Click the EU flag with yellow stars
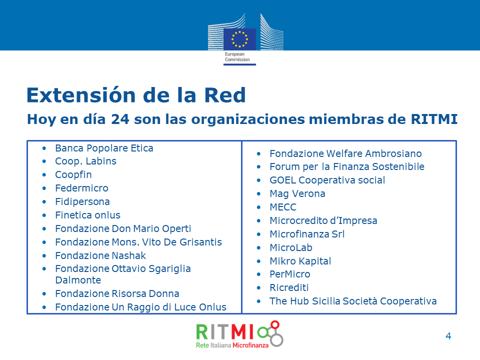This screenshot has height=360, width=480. coord(239,39)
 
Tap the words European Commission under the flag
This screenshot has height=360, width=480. coord(237,57)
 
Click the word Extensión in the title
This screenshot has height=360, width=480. coord(81,95)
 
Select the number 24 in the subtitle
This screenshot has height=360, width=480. coord(120,119)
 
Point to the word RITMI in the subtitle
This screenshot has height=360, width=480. coord(434,119)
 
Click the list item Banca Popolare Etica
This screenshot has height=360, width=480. coord(104,148)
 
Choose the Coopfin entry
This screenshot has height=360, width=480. coord(73,175)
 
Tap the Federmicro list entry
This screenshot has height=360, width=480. coord(81,188)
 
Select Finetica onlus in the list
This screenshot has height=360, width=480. coord(88,215)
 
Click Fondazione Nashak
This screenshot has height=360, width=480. coord(100,255)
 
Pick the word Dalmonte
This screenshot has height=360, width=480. coord(78,280)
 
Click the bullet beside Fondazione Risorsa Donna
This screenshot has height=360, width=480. coord(44,294)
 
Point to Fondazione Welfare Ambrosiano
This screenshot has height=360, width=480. coord(345,153)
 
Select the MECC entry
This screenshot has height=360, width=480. coord(283,207)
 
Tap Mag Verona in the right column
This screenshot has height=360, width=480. coord(297,194)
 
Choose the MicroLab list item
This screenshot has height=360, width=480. coord(291,247)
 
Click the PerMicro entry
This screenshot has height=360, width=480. coord(290,274)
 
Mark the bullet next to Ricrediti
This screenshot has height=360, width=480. coord(258,288)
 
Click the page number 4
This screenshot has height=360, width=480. coord(448,336)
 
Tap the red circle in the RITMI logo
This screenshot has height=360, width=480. coord(275,324)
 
